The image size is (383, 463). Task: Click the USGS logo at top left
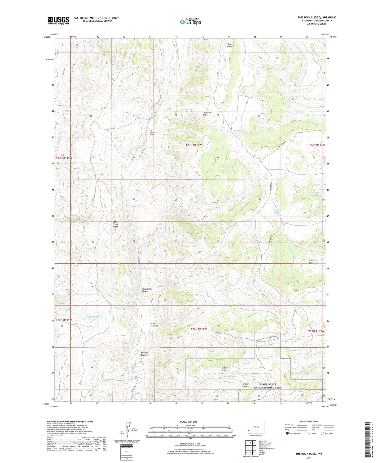58,20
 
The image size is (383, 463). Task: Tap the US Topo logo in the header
190,21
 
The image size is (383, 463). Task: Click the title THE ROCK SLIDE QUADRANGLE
316,18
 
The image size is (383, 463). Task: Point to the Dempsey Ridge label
207,114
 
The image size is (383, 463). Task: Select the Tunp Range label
230,45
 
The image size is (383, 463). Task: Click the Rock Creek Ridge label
115,225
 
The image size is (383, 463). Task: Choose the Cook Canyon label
155,325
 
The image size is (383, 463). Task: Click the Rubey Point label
225,369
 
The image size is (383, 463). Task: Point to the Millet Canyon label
246,385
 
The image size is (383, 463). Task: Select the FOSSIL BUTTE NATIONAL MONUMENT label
268,386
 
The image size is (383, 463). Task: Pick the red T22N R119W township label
64,320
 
